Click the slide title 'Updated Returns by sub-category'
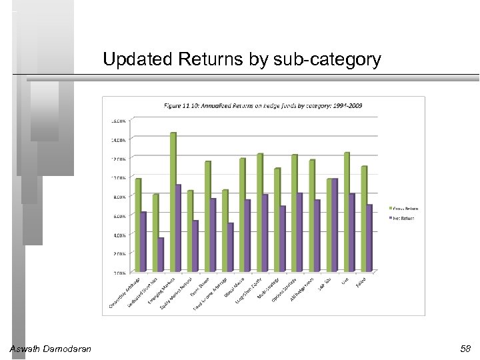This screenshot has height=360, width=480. (x=242, y=60)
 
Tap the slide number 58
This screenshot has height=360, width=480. (x=465, y=349)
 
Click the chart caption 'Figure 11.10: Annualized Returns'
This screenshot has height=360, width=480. (x=263, y=106)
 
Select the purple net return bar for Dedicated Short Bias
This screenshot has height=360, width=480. (x=161, y=255)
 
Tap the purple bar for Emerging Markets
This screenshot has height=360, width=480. (x=179, y=228)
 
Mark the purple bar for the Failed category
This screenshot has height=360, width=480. (x=369, y=238)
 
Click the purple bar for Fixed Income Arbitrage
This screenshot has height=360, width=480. (x=230, y=247)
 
